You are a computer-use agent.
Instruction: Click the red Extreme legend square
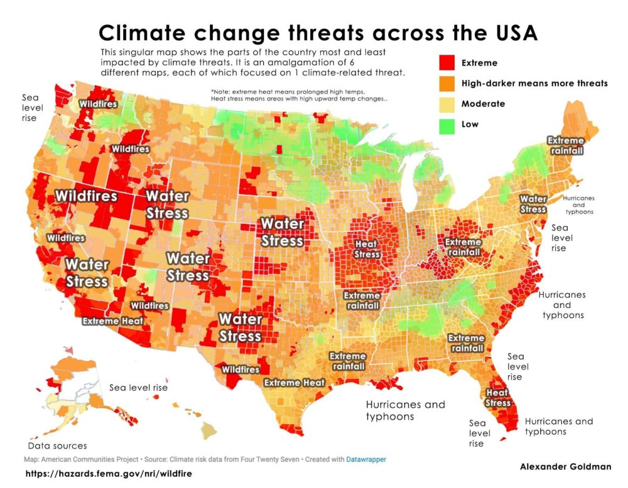tap(445, 63)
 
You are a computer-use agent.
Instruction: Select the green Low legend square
tap(445, 124)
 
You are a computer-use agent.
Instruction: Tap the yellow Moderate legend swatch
tap(445, 103)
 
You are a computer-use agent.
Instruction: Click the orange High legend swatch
tap(445, 83)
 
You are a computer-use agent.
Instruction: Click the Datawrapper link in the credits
tap(365, 459)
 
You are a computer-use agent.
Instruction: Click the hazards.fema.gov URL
tap(108, 474)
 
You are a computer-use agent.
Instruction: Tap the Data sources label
tap(57, 446)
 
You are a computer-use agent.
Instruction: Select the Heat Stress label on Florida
tap(498, 398)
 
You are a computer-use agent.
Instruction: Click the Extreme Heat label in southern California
tap(113, 321)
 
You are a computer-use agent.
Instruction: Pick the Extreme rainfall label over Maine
tap(566, 146)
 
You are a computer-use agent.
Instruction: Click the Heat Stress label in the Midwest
tap(367, 249)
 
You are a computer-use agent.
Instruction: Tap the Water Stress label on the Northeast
tap(533, 204)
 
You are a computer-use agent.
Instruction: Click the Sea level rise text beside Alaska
tap(138, 388)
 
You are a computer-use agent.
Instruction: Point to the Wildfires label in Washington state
tap(97, 103)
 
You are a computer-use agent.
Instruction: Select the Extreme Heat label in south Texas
tap(294, 383)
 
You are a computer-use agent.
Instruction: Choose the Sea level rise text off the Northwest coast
tap(30, 107)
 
